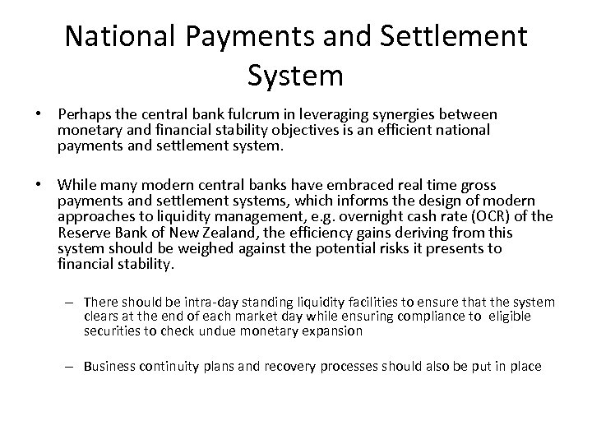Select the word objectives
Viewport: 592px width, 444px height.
[x=308, y=129]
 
